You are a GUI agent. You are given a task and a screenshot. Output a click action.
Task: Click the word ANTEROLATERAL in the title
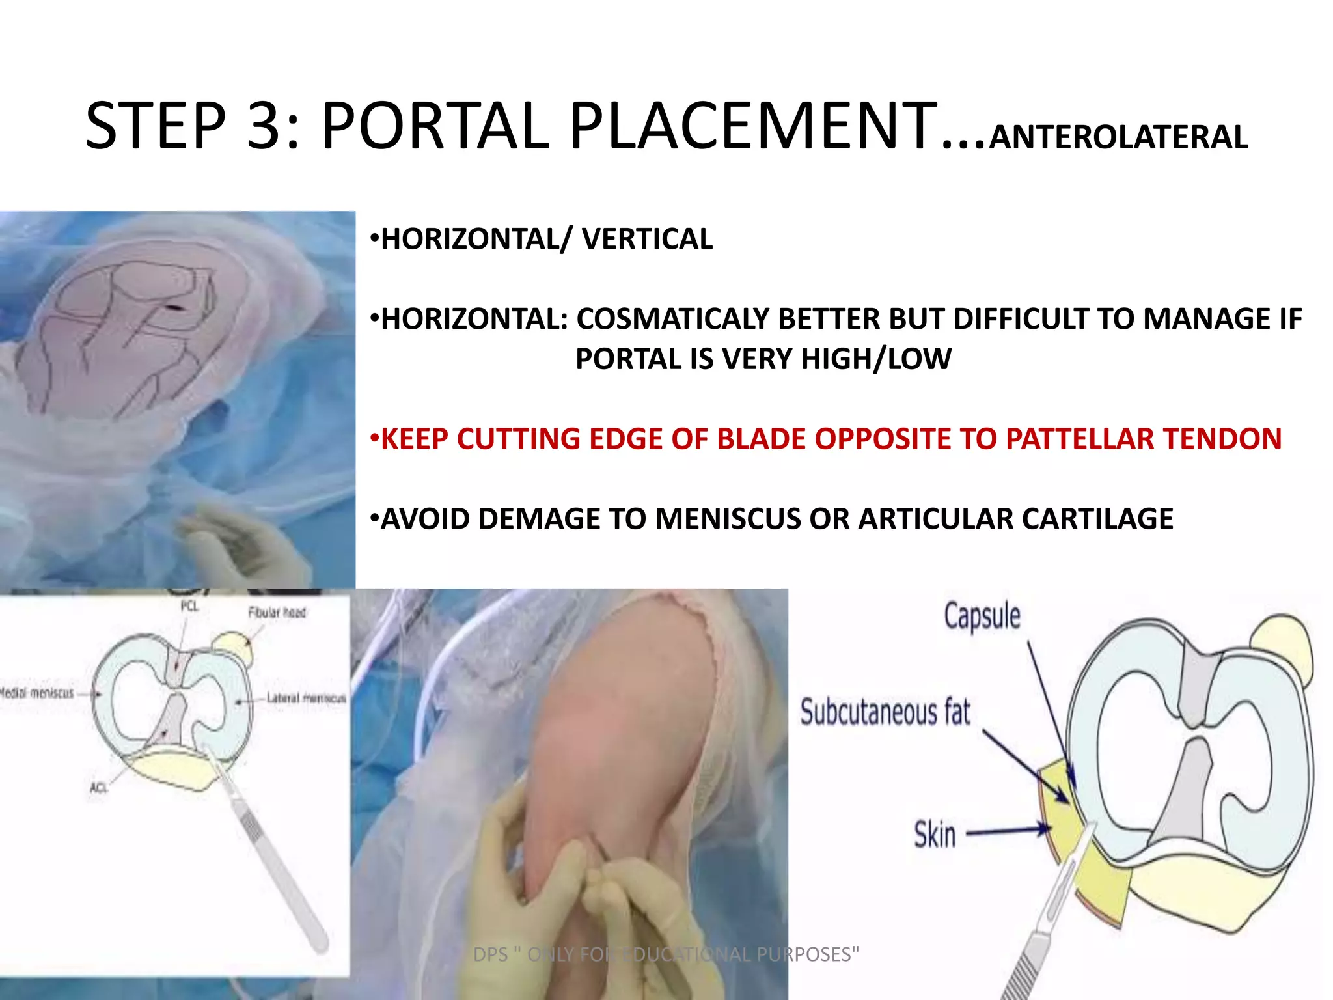(1118, 137)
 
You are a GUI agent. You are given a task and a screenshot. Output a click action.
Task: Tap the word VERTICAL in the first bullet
(647, 239)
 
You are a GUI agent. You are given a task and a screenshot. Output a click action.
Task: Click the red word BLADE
(762, 439)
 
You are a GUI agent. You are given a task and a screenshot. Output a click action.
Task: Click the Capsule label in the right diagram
(982, 615)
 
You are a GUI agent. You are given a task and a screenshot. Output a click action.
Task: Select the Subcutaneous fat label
(885, 712)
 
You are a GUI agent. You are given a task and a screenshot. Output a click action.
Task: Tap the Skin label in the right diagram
(935, 834)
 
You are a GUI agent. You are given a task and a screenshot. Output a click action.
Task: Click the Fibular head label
(277, 613)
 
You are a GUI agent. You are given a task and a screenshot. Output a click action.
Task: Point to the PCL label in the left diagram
(189, 607)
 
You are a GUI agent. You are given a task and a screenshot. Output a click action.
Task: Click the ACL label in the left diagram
(98, 788)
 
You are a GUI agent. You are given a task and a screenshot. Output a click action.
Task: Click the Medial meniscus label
(37, 693)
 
